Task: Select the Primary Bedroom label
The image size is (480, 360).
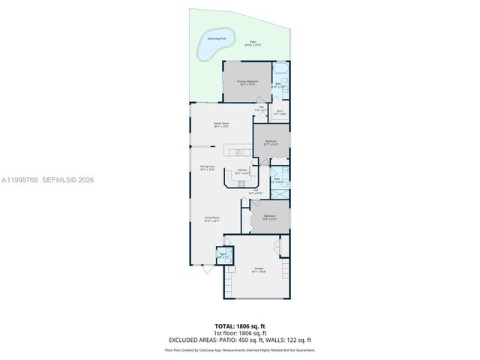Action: pos(247,82)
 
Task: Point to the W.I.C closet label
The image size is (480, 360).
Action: pos(280,113)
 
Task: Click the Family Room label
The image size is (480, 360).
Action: pos(220,124)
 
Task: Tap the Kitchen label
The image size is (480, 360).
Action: pos(241,171)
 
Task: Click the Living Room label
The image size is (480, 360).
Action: pos(211,219)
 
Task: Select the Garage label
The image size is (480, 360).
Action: pos(259,270)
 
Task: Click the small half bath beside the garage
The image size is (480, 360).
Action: pos(223,256)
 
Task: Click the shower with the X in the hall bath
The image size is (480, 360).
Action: pos(279,194)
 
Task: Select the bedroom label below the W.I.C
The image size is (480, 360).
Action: pos(271,141)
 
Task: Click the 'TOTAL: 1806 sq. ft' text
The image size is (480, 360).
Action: pos(239,326)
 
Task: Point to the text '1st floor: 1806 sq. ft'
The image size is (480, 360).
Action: pos(239,333)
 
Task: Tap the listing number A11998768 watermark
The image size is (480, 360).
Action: pos(18,180)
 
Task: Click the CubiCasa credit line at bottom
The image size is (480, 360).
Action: pos(239,349)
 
